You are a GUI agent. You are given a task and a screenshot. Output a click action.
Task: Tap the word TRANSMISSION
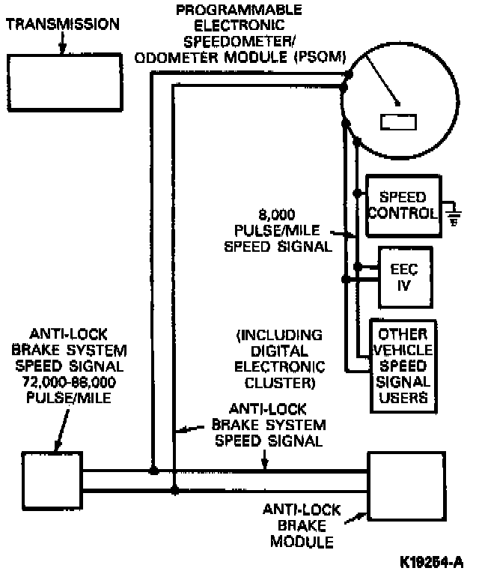[x=62, y=24]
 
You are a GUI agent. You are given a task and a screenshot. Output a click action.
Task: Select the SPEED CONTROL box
[x=402, y=205]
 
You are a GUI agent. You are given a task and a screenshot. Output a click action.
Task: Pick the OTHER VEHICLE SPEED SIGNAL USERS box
[x=403, y=366]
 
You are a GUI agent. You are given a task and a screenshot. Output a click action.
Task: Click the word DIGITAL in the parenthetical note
[x=278, y=351]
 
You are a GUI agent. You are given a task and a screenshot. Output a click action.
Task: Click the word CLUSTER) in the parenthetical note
[x=278, y=383]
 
